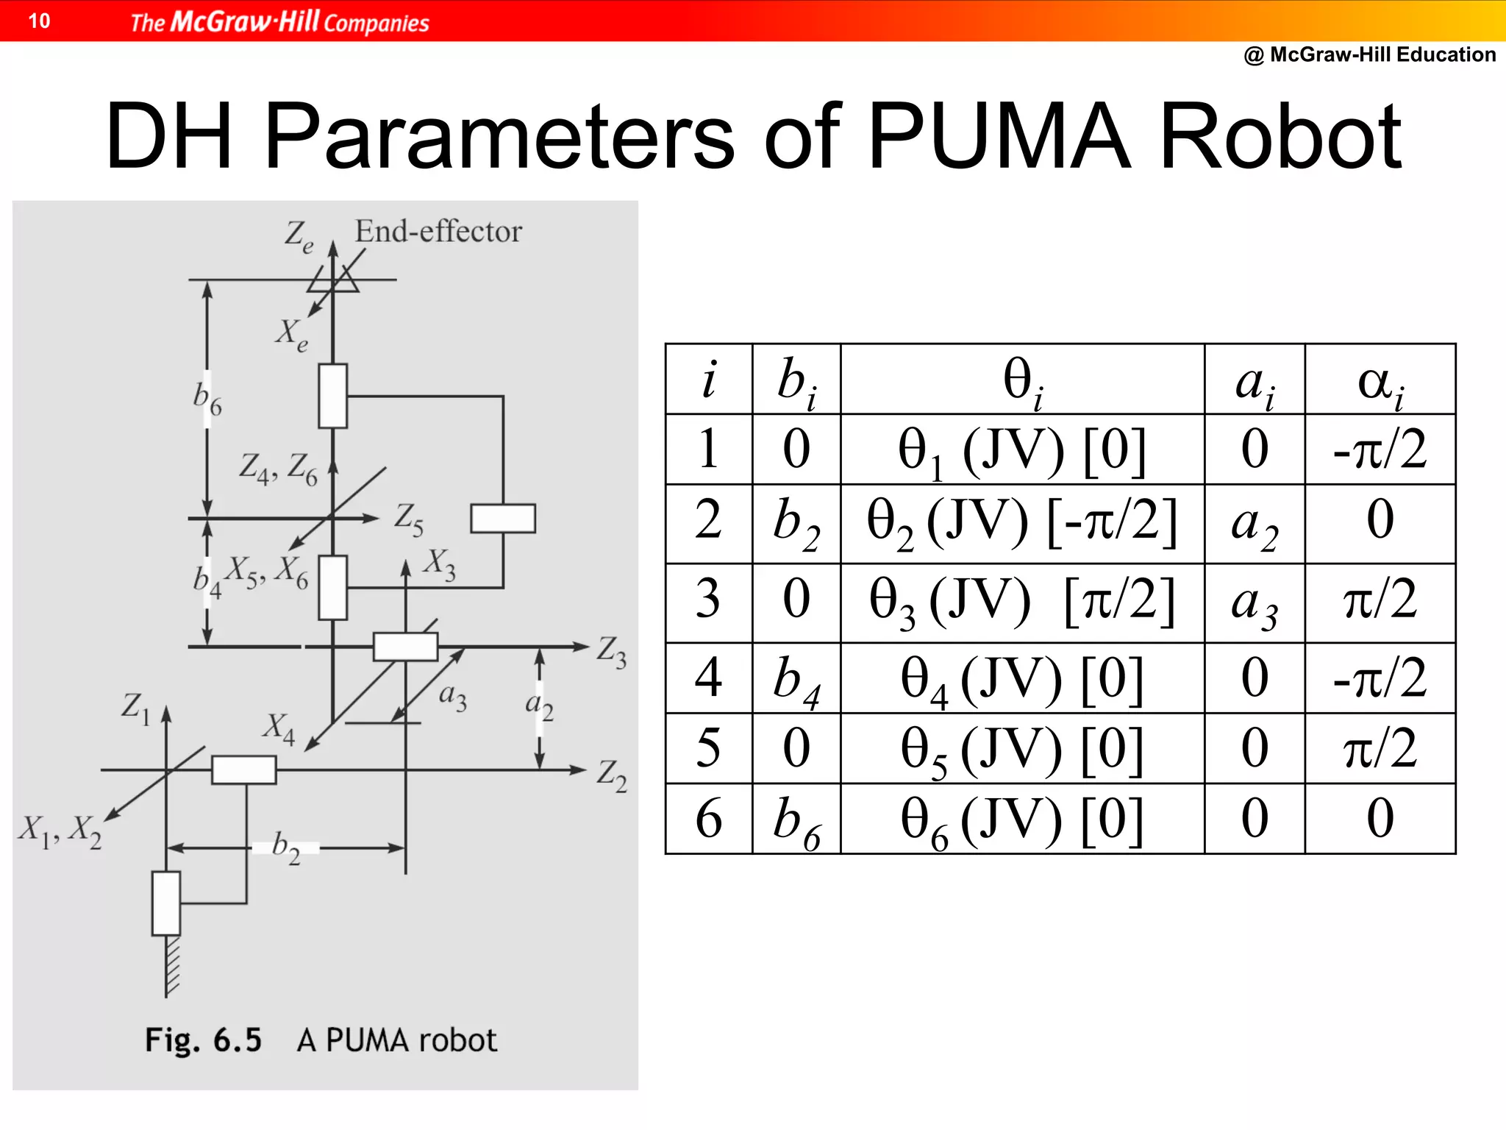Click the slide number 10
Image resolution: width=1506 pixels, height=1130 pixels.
[x=39, y=21]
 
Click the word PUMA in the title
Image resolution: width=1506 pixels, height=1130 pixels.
[x=999, y=137]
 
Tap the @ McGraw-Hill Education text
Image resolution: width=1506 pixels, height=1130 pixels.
[x=1369, y=54]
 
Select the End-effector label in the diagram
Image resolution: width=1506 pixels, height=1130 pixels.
[x=438, y=232]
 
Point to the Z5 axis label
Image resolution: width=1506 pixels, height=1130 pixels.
[x=409, y=519]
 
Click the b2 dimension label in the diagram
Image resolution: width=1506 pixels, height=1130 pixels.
[x=286, y=847]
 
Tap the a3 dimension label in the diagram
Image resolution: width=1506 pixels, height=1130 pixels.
[x=452, y=696]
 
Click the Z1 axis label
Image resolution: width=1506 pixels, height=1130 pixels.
[x=136, y=708]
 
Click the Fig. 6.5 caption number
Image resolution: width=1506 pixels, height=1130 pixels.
[x=203, y=1040]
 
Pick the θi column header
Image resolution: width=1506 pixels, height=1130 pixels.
[x=1022, y=382]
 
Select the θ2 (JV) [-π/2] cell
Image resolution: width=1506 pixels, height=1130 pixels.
[x=1022, y=524]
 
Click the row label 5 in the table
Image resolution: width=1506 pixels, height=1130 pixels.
[x=708, y=748]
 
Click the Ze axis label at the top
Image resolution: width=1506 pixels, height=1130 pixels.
[x=299, y=237]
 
